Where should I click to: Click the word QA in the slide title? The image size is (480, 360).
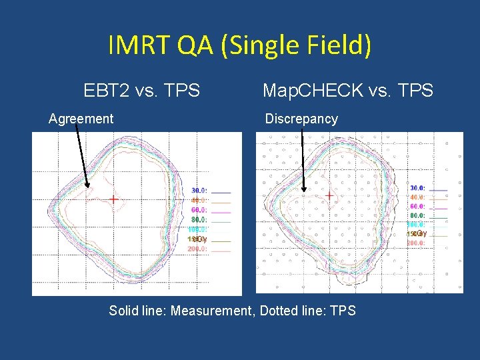click(x=195, y=46)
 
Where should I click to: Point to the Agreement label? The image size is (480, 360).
click(x=81, y=119)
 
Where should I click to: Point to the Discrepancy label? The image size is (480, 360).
click(x=301, y=119)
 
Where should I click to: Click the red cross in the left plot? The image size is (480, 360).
click(x=114, y=199)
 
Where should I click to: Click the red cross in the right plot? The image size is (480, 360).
click(x=329, y=195)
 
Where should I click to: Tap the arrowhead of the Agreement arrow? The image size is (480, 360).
click(x=87, y=189)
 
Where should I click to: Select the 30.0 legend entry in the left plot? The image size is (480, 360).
click(x=199, y=191)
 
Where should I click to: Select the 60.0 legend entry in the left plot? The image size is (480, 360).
click(x=199, y=210)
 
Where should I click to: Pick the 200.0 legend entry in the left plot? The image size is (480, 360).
click(x=198, y=249)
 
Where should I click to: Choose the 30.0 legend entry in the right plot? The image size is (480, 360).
click(x=417, y=188)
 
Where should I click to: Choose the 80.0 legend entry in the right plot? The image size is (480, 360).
click(x=417, y=215)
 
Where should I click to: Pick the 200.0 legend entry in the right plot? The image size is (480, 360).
click(x=415, y=243)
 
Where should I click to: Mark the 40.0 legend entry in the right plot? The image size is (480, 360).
click(x=417, y=197)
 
